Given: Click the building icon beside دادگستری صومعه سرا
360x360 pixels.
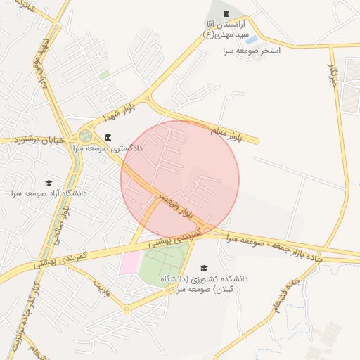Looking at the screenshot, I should pyautogui.click(x=107, y=137).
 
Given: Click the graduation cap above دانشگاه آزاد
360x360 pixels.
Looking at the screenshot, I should pyautogui.click(x=48, y=182).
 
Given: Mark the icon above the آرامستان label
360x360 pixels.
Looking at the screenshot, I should pyautogui.click(x=225, y=14).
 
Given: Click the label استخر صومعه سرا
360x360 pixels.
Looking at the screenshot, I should pyautogui.click(x=251, y=51).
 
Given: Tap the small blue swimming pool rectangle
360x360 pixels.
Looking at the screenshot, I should pyautogui.click(x=251, y=40).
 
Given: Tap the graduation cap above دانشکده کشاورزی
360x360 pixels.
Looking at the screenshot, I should pyautogui.click(x=204, y=268).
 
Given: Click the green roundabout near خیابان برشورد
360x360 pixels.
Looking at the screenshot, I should pyautogui.click(x=86, y=136).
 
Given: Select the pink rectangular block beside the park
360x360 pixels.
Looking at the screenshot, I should pyautogui.click(x=129, y=263).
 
